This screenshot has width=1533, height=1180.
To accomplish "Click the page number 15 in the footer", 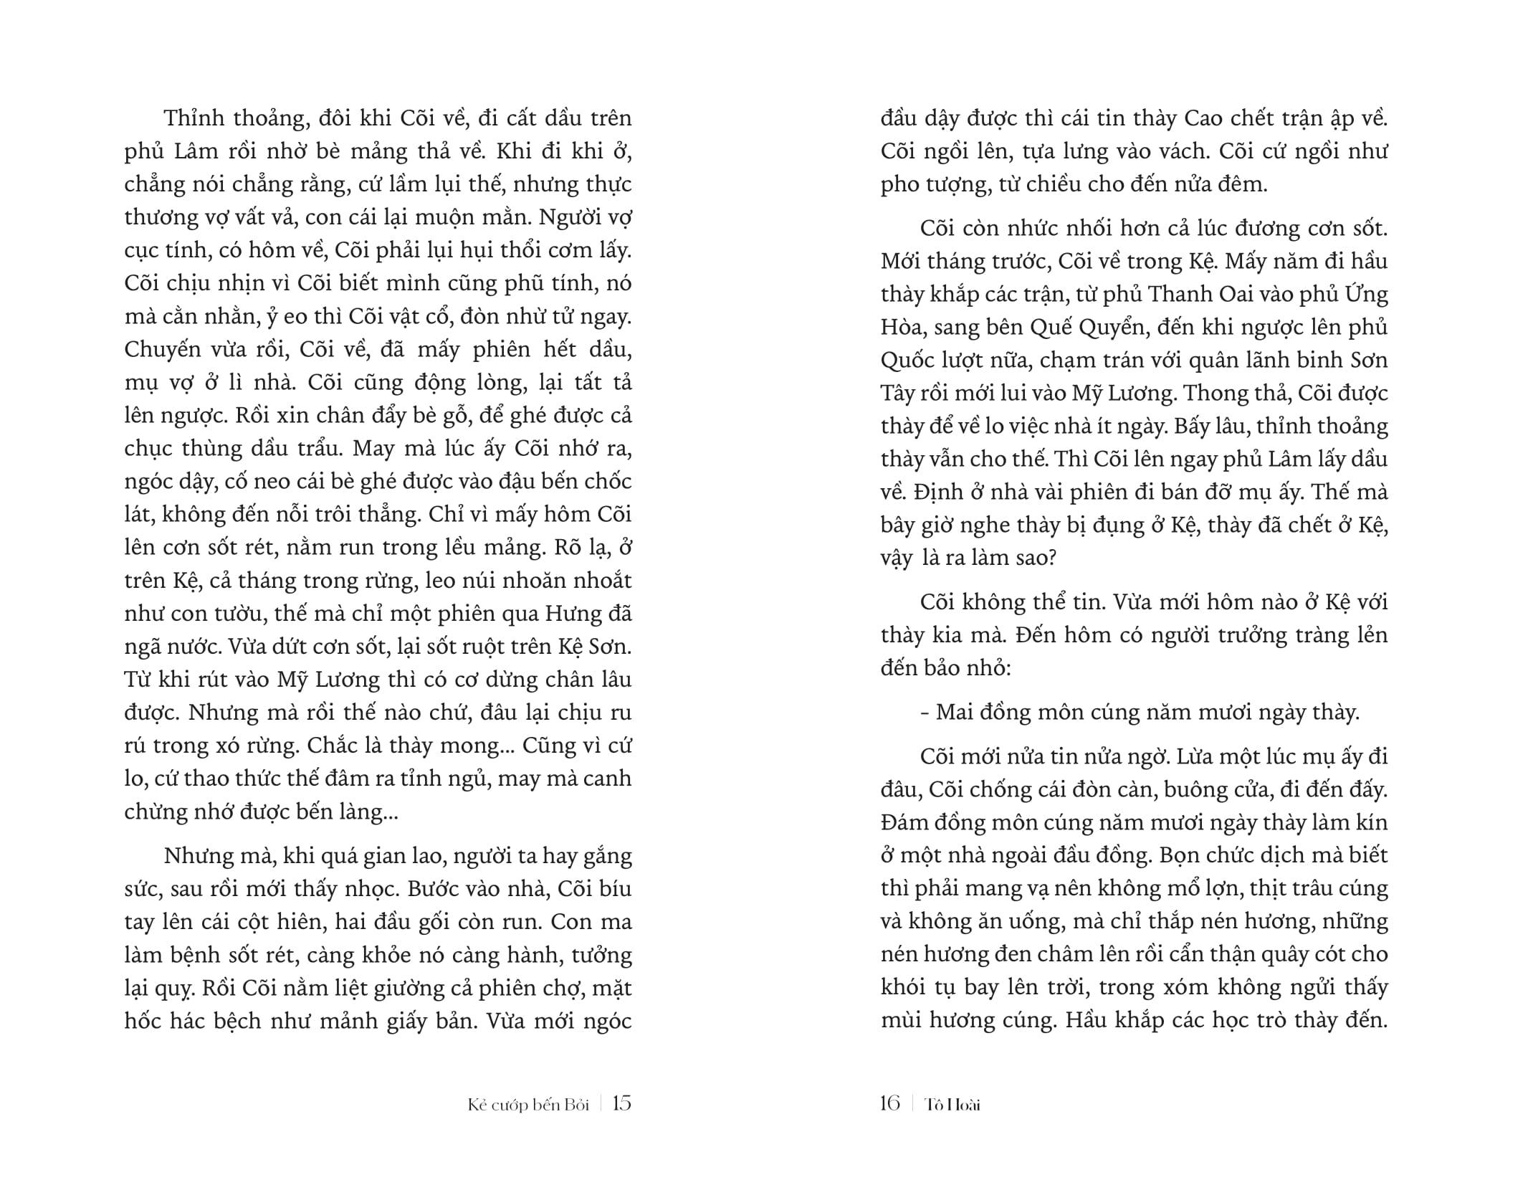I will point(622,1103).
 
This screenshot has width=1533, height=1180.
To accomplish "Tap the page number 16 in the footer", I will point(889,1103).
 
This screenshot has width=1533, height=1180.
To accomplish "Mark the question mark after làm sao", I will point(1051,558).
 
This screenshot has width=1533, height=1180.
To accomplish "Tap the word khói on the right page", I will point(904,988).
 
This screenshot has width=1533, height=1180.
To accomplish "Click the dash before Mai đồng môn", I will point(924,713).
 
